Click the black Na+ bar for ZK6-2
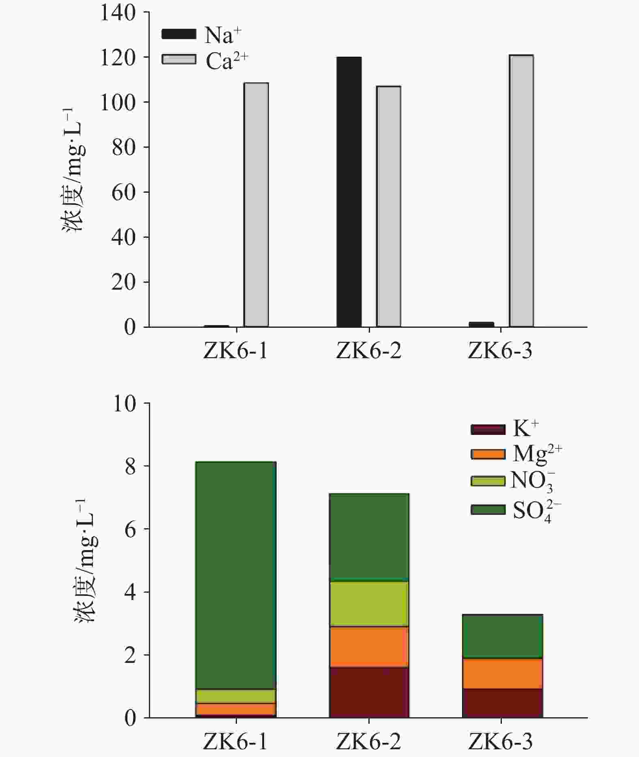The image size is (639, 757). click(x=349, y=191)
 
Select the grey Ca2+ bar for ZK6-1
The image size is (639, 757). click(x=256, y=204)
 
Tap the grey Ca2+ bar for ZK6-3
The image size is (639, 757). click(x=521, y=191)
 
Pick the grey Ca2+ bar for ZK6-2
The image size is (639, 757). click(x=389, y=206)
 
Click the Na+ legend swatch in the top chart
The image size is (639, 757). click(x=179, y=34)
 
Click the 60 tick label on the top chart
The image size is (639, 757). click(x=123, y=192)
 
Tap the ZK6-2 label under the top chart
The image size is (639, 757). click(x=368, y=351)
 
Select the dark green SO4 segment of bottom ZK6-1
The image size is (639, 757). click(x=236, y=575)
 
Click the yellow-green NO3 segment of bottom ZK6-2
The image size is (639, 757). click(x=369, y=604)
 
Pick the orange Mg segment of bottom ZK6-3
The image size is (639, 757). click(x=502, y=673)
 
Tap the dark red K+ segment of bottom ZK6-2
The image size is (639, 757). click(x=369, y=692)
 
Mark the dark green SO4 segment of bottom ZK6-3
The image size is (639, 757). click(x=502, y=636)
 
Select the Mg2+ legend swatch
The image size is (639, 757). click(x=488, y=454)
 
